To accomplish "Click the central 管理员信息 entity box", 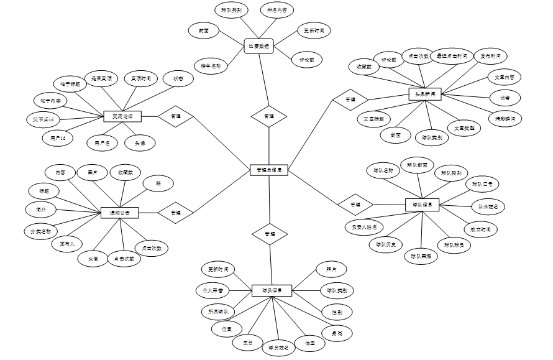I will tap(269, 170).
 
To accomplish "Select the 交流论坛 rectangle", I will tap(122, 116).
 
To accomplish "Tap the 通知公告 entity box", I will tap(119, 213).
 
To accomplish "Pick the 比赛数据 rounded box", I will tap(259, 47).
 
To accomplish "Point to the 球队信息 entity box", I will tap(423, 204).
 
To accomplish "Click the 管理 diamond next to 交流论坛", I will tap(176, 116).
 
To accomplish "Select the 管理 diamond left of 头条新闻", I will tap(350, 99).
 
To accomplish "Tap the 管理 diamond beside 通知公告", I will tap(176, 213).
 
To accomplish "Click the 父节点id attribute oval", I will tap(43, 119).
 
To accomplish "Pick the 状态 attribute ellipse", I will tap(178, 79).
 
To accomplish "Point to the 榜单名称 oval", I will tap(211, 65).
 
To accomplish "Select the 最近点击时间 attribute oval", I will tap(452, 56).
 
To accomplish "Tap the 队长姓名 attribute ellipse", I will tap(488, 206).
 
